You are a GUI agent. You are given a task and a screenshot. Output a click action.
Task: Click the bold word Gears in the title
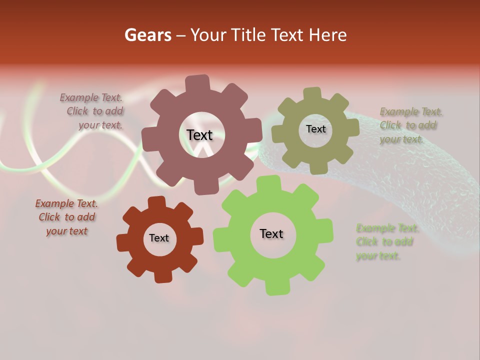148,35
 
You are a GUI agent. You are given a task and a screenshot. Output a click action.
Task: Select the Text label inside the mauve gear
199,135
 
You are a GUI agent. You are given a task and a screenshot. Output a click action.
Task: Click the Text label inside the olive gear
315,129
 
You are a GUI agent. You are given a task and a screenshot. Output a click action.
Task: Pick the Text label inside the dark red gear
159,238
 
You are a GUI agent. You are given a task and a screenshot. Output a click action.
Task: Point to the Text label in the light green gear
271,233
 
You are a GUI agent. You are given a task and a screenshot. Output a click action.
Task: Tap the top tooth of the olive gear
312,93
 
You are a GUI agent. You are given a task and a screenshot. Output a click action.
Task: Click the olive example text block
410,125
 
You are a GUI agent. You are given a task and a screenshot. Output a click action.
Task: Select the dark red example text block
66,217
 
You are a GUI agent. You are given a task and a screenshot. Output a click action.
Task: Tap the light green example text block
386,242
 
